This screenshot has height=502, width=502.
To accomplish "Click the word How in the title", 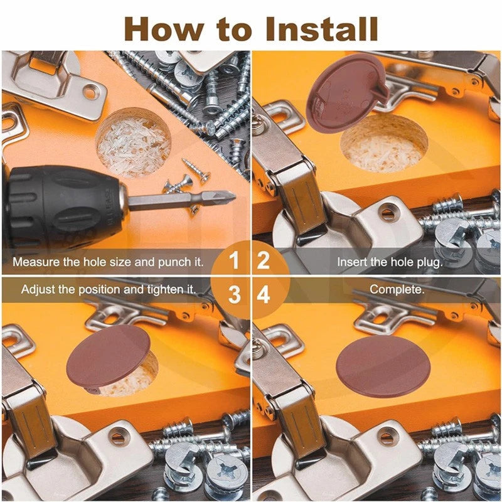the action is coord(164,29).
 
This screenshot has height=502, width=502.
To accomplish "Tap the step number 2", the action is coord(263,260).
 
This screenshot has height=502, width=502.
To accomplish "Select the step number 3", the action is coord(234,294).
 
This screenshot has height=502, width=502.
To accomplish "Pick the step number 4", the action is coord(264,294).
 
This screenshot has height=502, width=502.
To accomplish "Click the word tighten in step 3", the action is coord(166,290).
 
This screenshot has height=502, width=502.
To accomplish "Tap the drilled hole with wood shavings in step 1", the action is coord(133,142).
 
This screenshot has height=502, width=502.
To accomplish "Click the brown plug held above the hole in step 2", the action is coord(348,92).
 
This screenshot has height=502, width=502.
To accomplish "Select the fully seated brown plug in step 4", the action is coord(383,367).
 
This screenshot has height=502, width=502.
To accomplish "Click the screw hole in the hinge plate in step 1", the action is coord(90,92).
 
